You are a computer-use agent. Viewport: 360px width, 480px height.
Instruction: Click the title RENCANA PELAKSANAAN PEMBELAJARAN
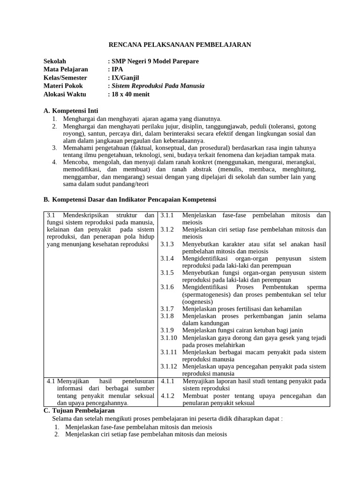click(180, 45)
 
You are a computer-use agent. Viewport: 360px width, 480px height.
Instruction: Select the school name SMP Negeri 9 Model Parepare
click(155, 61)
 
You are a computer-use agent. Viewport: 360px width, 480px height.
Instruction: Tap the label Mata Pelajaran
click(66, 69)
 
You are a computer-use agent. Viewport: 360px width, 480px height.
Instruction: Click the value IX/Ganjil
click(125, 78)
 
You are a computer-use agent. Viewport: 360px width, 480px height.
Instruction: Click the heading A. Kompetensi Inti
click(71, 111)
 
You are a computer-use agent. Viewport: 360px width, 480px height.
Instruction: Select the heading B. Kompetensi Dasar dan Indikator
click(130, 199)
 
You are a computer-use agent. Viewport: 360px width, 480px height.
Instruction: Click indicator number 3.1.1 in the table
click(167, 215)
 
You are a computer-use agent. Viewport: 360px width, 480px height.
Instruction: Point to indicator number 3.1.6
click(167, 287)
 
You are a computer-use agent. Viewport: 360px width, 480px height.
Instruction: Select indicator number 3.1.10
click(169, 337)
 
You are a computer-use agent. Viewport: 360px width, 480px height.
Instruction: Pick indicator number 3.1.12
click(169, 366)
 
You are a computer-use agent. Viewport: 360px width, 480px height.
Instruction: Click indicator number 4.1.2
click(167, 396)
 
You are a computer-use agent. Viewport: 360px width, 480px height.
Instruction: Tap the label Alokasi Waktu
click(65, 94)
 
